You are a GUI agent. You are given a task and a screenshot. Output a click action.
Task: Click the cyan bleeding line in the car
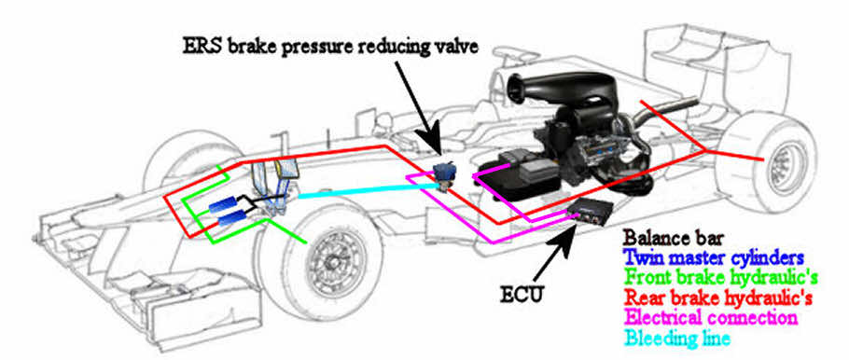(x=355, y=190)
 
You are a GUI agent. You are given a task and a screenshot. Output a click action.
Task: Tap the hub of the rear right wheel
(x=784, y=164)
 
